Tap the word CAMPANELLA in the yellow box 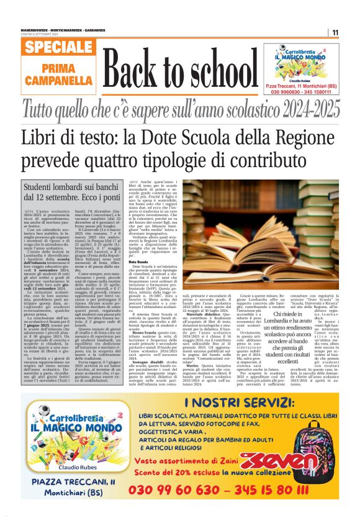tap(60, 81)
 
